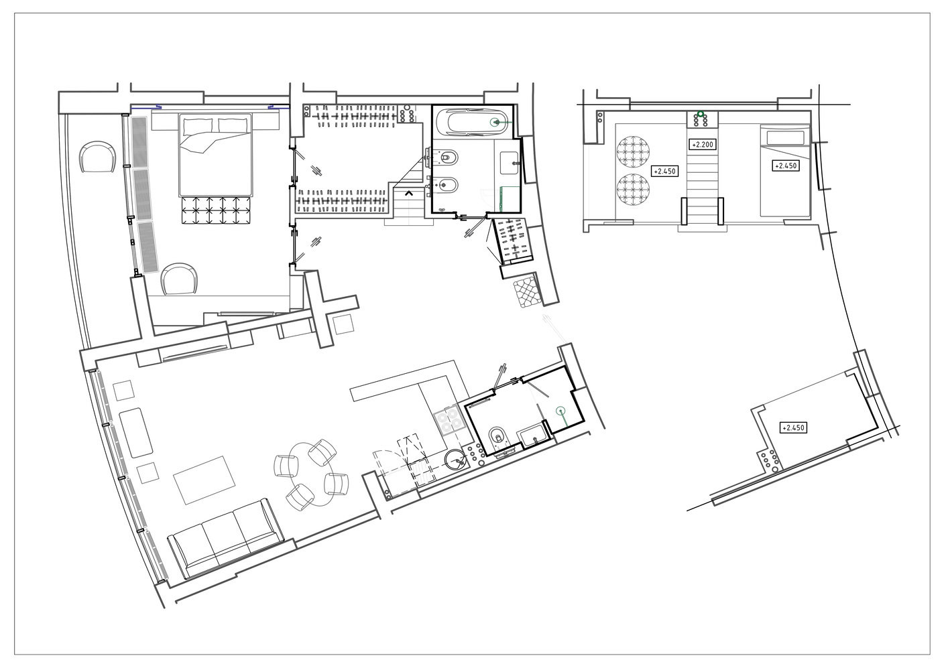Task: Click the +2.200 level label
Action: point(703,145)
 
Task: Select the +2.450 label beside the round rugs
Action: point(664,172)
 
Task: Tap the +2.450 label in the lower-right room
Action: point(793,427)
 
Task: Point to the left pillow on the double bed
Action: point(198,126)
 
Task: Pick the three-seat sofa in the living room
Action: point(226,539)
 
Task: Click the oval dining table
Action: point(312,474)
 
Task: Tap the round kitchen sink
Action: point(455,460)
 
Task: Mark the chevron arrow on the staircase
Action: point(409,194)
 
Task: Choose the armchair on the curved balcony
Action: point(98,157)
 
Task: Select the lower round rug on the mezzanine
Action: point(633,190)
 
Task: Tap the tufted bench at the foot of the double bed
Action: point(216,210)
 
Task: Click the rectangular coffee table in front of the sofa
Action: point(204,480)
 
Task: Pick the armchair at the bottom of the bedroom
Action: point(180,279)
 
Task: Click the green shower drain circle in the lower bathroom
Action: point(561,409)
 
